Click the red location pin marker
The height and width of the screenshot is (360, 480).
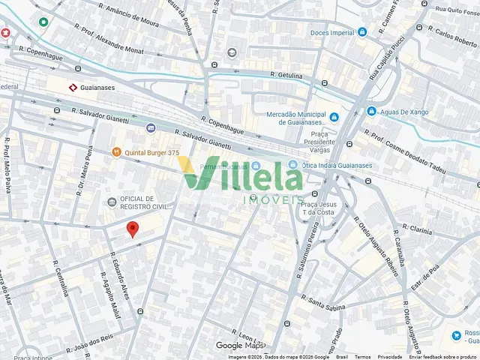133,229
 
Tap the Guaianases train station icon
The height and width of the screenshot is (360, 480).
73,88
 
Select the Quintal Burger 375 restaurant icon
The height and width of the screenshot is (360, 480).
116,152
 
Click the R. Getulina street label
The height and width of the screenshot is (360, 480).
285,76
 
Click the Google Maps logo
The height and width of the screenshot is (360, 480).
240,346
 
